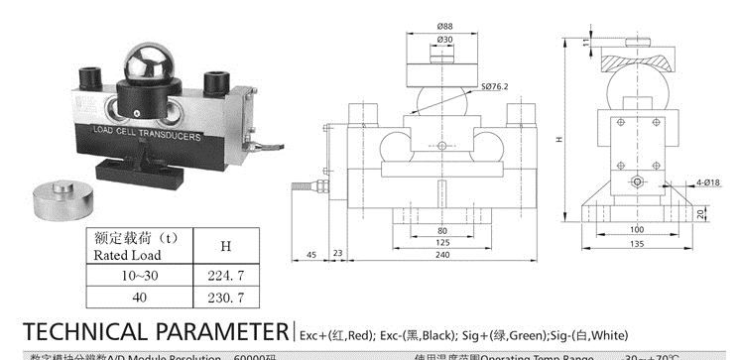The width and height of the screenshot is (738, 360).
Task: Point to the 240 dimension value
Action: [x=440, y=255]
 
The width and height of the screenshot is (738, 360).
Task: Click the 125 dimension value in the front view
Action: [x=441, y=241]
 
